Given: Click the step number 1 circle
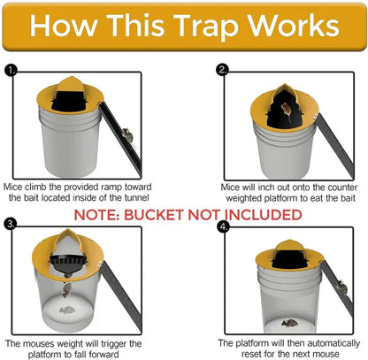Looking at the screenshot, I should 10,69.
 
